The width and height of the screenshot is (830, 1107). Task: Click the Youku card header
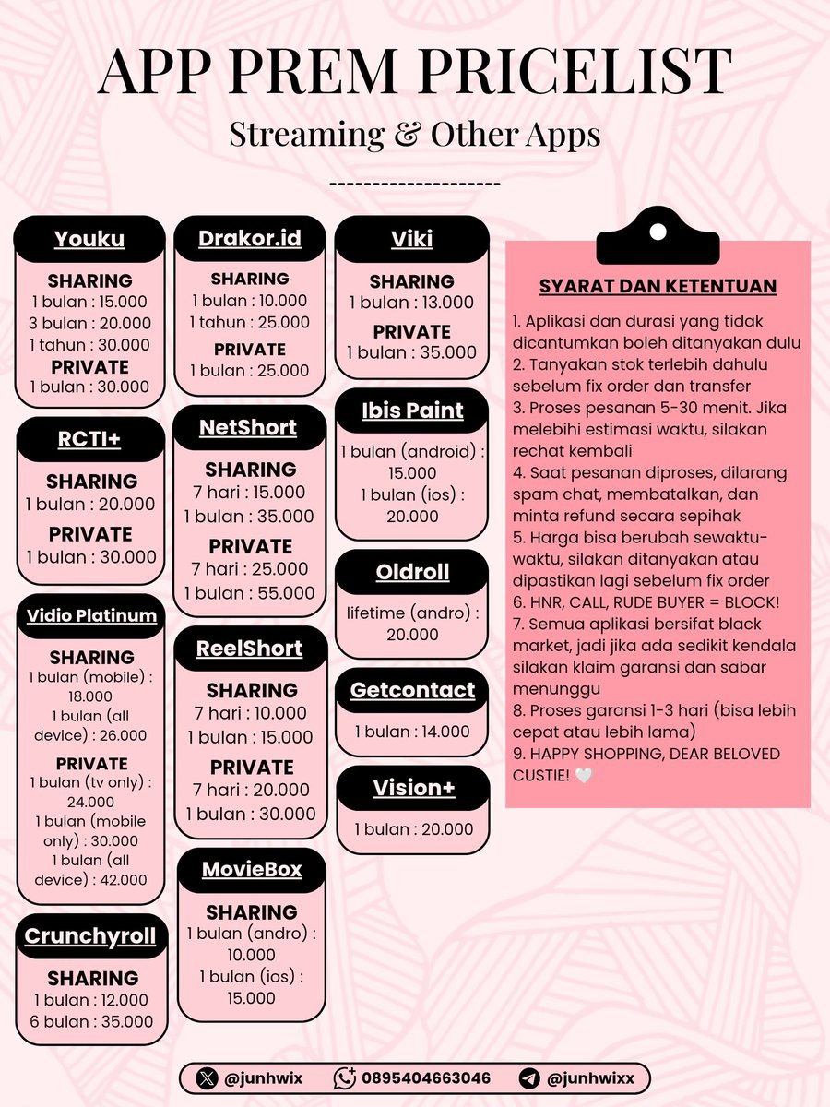[89, 240]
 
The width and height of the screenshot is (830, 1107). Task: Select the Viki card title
[411, 240]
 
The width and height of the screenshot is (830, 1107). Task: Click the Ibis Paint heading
[411, 411]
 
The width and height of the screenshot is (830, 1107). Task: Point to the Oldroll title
[412, 572]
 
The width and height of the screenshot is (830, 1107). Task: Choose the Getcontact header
[412, 690]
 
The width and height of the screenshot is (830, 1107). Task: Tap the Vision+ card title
[412, 788]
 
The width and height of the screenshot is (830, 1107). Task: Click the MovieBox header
[252, 870]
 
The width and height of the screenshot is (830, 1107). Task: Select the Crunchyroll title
[90, 936]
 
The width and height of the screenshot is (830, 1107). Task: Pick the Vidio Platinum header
[90, 615]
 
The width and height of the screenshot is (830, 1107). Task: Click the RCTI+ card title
[89, 440]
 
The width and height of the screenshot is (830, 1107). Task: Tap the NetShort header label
[248, 428]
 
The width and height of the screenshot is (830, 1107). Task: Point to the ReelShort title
[249, 649]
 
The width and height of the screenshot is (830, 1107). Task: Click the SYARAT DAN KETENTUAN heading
[658, 286]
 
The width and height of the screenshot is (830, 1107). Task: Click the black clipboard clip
[658, 238]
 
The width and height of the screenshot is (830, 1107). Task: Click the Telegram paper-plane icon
[529, 1077]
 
